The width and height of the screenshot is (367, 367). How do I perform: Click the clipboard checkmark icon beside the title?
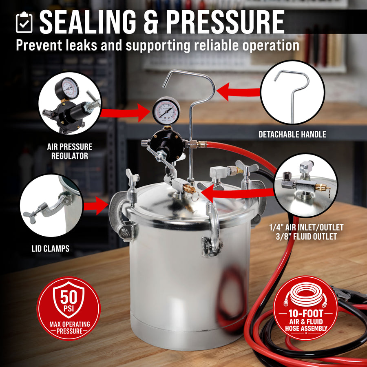click(x=24, y=22)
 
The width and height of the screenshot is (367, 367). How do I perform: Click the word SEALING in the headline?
click(x=88, y=22)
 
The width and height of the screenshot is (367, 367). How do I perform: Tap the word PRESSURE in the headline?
click(x=226, y=22)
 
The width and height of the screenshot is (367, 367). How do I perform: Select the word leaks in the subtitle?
click(x=82, y=45)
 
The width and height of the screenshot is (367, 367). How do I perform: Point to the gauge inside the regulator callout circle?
click(x=67, y=89)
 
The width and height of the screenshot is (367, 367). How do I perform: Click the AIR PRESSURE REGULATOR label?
click(x=70, y=151)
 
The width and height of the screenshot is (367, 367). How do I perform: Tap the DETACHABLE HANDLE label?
click(x=292, y=134)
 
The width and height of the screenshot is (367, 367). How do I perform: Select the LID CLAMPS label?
click(x=51, y=249)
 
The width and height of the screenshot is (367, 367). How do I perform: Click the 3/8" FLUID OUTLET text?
click(x=306, y=237)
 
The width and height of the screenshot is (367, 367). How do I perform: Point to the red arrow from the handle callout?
click(x=239, y=92)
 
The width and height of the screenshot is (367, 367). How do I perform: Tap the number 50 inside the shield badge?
click(x=69, y=297)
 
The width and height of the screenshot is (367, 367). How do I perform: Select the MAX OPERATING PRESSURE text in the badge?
click(x=69, y=328)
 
